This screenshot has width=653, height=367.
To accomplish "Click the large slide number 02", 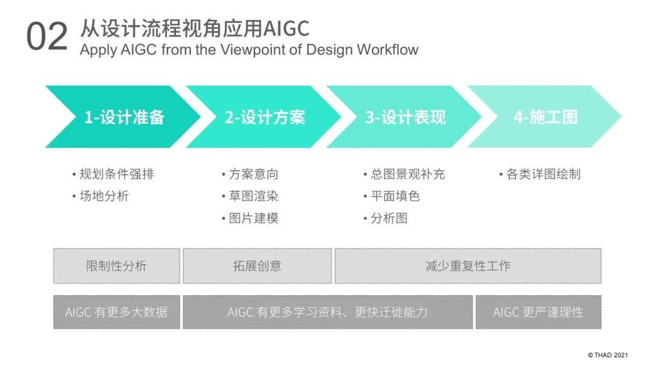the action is coord(47,37).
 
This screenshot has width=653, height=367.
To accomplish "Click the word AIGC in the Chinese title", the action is coord(286,28).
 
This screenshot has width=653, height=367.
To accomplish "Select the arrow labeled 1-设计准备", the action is coord(123,116).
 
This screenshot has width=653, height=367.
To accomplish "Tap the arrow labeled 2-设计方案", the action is coord(264,116).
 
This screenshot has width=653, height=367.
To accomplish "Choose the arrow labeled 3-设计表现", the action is coord(404,116).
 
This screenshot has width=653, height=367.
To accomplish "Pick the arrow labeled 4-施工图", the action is coord(545,116).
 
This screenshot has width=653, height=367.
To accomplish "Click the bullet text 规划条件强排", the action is coord(117,174).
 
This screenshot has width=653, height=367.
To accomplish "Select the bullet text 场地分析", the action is coord(104,196).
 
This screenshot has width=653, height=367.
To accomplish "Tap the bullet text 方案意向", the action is coord(253,174).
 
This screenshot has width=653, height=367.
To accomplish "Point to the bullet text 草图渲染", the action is coord(253,196).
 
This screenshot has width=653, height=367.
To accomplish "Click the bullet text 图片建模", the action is coord(253,218).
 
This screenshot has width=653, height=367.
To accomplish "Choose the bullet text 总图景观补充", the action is coord(408,174).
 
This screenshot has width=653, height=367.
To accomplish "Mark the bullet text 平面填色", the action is coord(395,196).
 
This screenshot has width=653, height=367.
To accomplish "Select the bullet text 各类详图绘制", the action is coord(544,174).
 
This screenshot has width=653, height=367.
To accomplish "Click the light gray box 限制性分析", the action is coord(117,266).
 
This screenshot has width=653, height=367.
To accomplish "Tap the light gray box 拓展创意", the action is coord(258,266).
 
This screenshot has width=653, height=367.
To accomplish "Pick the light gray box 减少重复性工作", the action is coord(468,266).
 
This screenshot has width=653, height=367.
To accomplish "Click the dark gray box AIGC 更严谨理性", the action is coord(539,312).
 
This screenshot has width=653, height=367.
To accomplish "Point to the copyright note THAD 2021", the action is coord(608,355).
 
